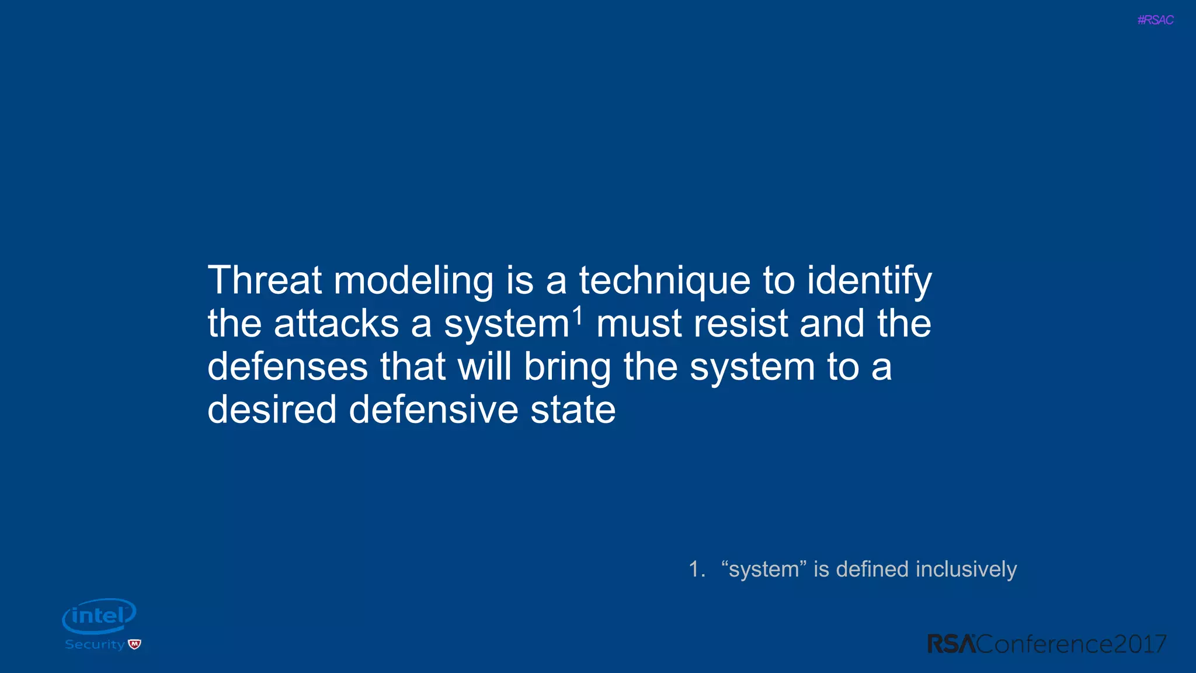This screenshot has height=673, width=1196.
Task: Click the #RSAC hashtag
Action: point(1155,20)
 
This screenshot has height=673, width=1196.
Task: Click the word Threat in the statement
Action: point(265,280)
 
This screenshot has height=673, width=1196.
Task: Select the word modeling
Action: point(413,282)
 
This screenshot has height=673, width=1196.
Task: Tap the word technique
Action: point(664,282)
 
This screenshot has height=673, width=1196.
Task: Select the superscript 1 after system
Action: point(578,316)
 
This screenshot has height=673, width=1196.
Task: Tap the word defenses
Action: point(287,367)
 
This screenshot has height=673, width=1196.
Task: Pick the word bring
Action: point(566,368)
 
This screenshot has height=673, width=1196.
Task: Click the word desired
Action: point(272,410)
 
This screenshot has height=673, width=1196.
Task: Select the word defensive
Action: point(433,410)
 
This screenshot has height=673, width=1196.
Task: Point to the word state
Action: point(573,410)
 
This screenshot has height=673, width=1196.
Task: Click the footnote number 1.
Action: point(696,569)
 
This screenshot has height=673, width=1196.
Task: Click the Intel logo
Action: point(99,616)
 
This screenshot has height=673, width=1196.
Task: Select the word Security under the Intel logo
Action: point(95,644)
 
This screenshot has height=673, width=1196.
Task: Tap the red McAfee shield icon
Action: point(135,644)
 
